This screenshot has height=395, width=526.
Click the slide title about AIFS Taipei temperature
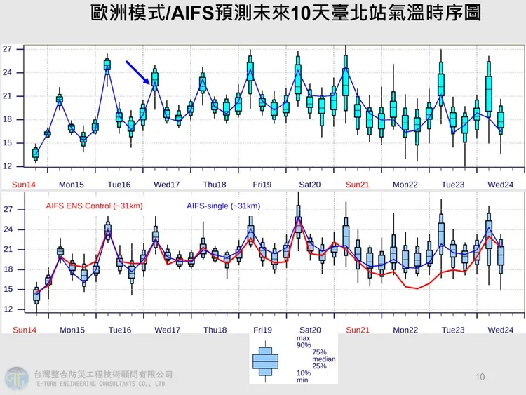(285, 13)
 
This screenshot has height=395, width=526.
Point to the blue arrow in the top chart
(140, 74)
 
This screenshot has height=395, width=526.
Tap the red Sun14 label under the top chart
(25, 184)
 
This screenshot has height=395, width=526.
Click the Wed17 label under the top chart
(167, 184)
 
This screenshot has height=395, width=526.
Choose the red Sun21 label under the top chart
(358, 184)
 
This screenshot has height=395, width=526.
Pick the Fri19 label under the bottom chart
(262, 330)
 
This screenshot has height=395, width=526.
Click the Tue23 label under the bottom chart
(453, 330)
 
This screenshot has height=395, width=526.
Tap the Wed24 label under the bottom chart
(500, 330)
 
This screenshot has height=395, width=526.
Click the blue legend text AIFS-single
(223, 206)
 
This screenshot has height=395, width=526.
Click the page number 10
(480, 377)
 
